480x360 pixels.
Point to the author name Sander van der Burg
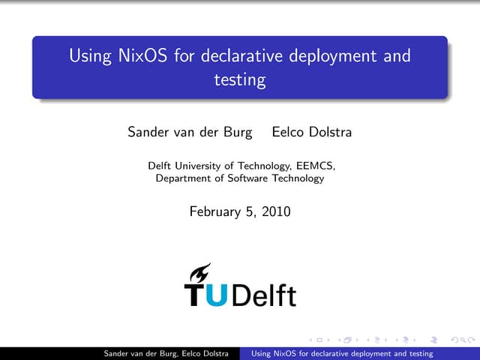pyautogui.click(x=184, y=133)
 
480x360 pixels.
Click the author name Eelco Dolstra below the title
pyautogui.click(x=311, y=133)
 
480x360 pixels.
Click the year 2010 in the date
pyautogui.click(x=274, y=212)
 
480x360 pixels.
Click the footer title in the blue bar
pyautogui.click(x=342, y=353)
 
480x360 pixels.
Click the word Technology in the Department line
pyautogui.click(x=297, y=178)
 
